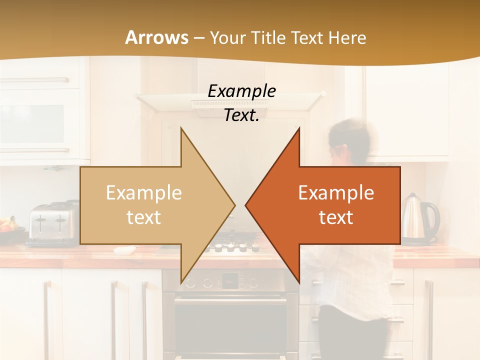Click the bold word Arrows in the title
point(156,37)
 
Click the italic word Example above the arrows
point(241,91)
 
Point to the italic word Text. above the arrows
point(241,115)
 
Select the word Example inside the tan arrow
point(144,193)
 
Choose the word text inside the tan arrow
point(144,217)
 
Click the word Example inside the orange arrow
point(336,193)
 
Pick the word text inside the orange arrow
point(336,217)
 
